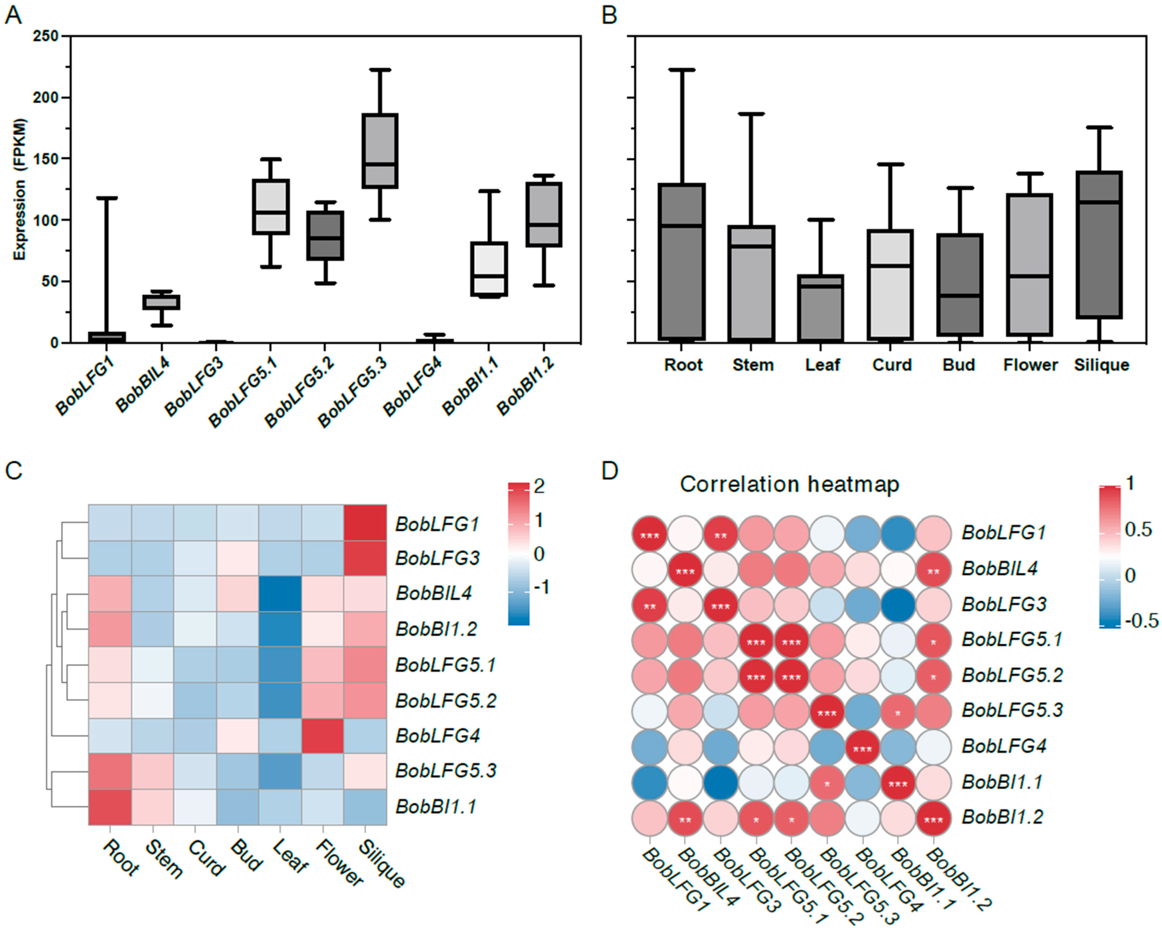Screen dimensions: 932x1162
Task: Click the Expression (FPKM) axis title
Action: pos(20,189)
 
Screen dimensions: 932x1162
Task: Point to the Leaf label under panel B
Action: pos(822,365)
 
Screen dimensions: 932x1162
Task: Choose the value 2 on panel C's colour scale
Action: pos(539,486)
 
